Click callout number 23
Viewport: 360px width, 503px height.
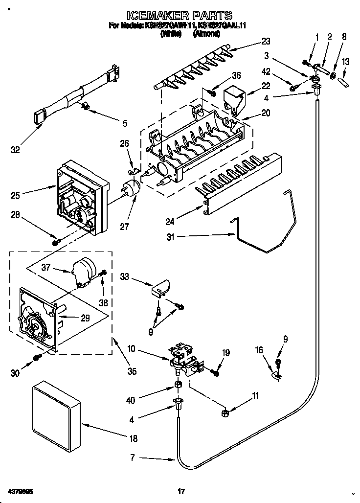pyautogui.click(x=266, y=41)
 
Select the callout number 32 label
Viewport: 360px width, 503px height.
pyautogui.click(x=16, y=150)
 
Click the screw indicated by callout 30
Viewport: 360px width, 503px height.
pyautogui.click(x=37, y=359)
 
